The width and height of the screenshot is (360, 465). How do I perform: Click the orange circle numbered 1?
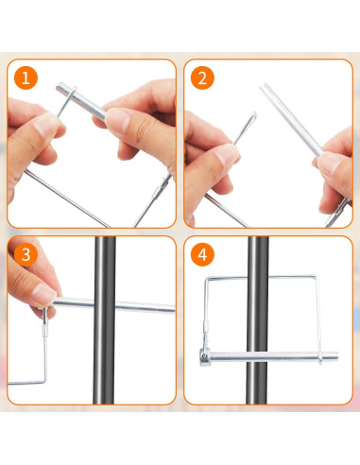[x=26, y=79]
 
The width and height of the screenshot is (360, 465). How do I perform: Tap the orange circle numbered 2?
[x=200, y=79]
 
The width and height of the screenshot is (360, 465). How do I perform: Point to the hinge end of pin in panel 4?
[x=206, y=358]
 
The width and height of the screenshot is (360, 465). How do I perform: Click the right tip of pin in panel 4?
[x=335, y=358]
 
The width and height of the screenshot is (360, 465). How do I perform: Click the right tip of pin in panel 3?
[x=174, y=306]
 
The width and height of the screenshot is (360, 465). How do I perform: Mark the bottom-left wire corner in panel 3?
[x=11, y=382]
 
